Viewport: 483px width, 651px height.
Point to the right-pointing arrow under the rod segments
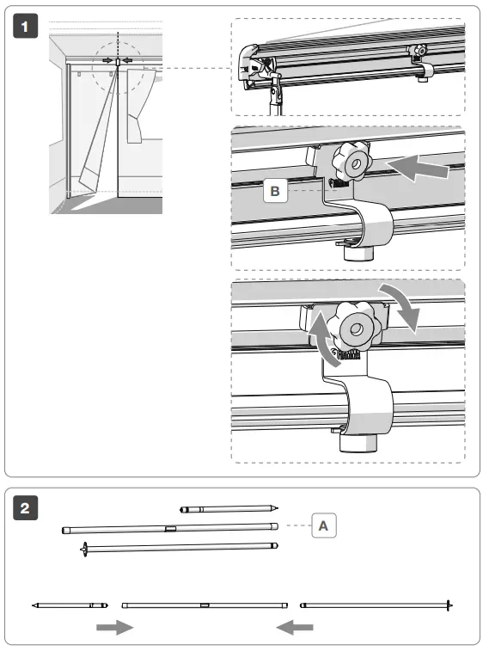(x=114, y=628)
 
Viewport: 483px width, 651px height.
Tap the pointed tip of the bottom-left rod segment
(x=34, y=605)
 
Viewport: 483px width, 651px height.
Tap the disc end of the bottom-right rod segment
(x=448, y=605)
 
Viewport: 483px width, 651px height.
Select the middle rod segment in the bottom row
(x=204, y=605)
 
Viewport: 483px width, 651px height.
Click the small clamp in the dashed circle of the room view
(x=116, y=61)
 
